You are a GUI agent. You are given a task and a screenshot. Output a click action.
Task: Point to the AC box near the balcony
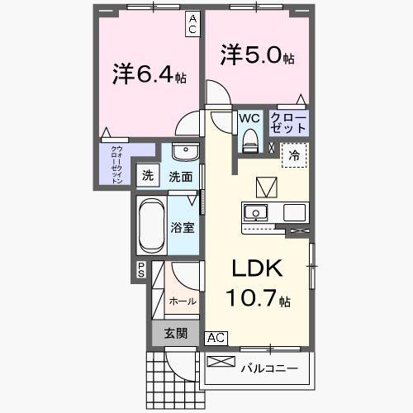(216, 337)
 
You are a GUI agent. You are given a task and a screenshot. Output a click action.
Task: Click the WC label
(249, 117)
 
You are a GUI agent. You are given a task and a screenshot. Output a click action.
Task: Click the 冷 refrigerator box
(295, 154)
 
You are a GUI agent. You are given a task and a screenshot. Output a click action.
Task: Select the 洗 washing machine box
(148, 175)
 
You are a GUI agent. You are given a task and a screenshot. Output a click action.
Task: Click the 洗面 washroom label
(181, 176)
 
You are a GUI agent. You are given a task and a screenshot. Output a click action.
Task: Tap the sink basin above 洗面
(186, 153)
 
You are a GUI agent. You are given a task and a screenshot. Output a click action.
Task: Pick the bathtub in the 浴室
(151, 225)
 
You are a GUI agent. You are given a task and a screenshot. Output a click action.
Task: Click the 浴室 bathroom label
(183, 226)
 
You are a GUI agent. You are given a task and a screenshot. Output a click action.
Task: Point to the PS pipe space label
(141, 270)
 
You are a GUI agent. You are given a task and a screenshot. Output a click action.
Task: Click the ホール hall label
(182, 301)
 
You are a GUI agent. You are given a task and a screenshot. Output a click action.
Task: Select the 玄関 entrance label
(175, 333)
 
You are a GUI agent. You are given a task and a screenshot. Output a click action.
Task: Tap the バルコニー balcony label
(268, 367)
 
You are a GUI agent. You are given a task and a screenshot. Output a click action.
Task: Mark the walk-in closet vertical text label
(116, 163)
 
